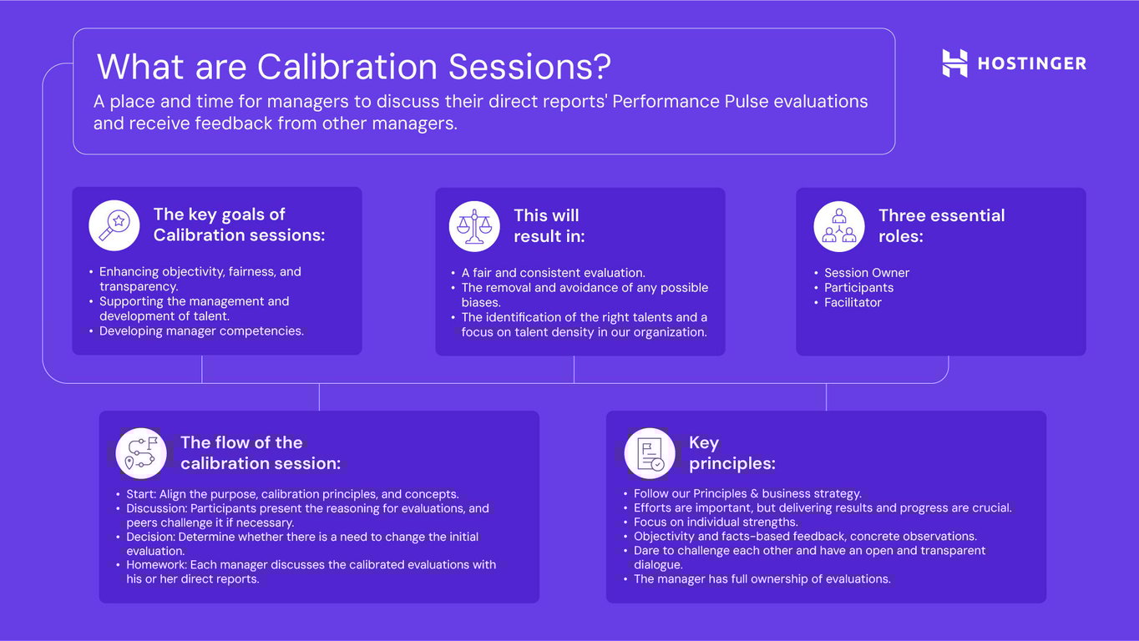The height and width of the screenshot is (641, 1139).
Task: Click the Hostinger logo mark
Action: click(954, 63)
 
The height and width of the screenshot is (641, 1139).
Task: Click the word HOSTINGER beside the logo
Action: click(1032, 63)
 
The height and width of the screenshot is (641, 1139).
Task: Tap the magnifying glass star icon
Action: click(114, 225)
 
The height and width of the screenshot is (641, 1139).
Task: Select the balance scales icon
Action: click(474, 226)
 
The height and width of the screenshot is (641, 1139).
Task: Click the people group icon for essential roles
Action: click(839, 226)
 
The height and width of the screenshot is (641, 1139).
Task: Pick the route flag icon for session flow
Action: click(141, 453)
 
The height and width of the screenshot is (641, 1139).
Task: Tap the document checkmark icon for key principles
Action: click(650, 453)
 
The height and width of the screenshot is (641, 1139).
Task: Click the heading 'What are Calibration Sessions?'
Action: click(353, 67)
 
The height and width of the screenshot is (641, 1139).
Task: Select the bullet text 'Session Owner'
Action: click(866, 273)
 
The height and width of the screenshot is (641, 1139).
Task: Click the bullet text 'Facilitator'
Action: click(853, 302)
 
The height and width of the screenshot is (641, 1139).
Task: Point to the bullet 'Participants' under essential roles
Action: click(858, 288)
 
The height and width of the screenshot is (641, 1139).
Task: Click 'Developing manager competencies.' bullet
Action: click(201, 331)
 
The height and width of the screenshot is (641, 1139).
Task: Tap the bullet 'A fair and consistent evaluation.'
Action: click(553, 273)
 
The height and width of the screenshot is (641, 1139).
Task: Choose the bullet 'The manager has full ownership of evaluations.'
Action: click(762, 578)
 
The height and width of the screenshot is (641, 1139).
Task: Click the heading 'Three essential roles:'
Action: click(941, 225)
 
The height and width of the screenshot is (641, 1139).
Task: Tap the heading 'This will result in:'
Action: click(549, 225)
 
